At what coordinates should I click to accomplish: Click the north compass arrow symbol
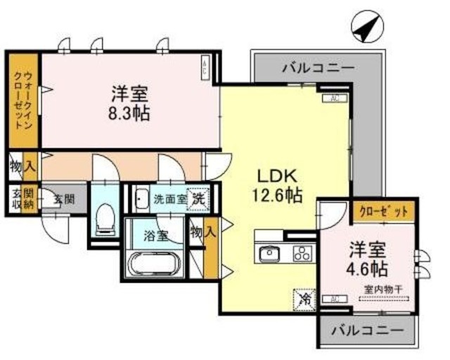point(365,27)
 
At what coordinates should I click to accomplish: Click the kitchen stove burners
point(303,253)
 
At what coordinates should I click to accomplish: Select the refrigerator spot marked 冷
point(304,299)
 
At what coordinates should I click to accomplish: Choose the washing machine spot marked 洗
point(200,198)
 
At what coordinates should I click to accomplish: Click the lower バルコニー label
point(368,329)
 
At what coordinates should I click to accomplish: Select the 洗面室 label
point(169,198)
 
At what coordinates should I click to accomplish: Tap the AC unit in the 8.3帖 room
point(205,69)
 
